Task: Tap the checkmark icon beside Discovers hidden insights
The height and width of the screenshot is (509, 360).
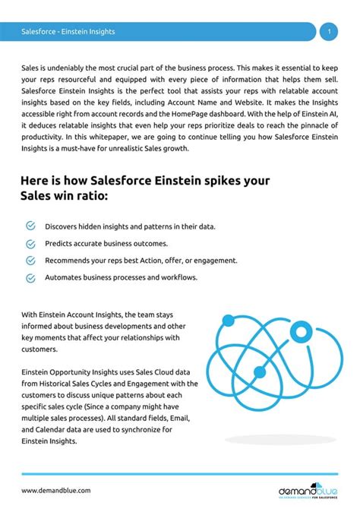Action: tap(30, 226)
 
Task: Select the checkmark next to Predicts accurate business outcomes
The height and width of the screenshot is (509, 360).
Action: tap(30, 244)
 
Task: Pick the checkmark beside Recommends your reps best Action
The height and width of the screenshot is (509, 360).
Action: tap(30, 261)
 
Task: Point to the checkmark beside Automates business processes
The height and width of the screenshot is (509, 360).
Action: tap(30, 277)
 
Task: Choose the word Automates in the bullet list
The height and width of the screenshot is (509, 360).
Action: tap(64, 277)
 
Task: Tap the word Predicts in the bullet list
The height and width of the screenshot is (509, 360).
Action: tap(60, 244)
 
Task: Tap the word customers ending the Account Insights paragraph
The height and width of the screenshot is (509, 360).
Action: tap(39, 349)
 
